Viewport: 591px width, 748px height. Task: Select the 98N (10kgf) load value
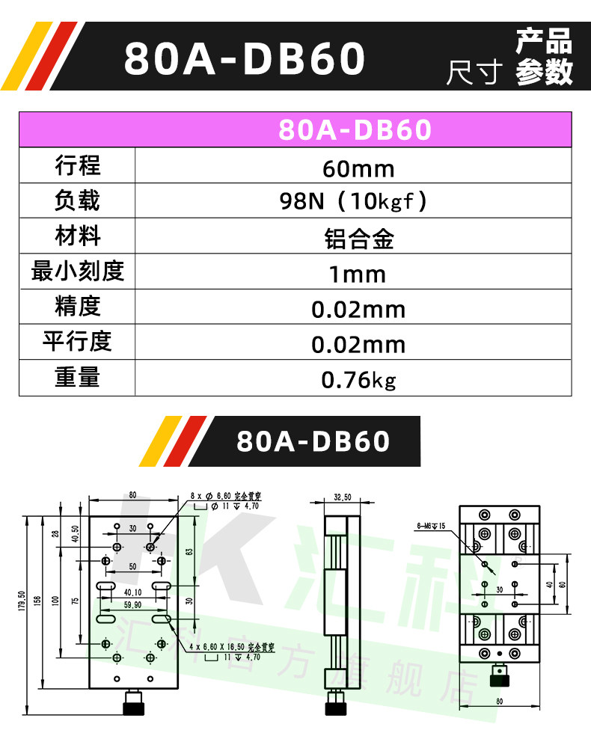tap(353, 203)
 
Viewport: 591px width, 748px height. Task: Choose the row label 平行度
tap(77, 341)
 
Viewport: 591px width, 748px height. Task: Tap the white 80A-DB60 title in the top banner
tap(245, 59)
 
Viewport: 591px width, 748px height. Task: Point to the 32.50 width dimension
tap(342, 497)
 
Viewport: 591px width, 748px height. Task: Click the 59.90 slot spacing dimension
tap(132, 605)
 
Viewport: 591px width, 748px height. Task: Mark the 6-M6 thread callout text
tap(431, 526)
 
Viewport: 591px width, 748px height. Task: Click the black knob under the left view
tap(134, 705)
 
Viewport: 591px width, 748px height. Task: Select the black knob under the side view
tap(335, 705)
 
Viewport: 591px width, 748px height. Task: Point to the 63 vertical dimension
tap(191, 551)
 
